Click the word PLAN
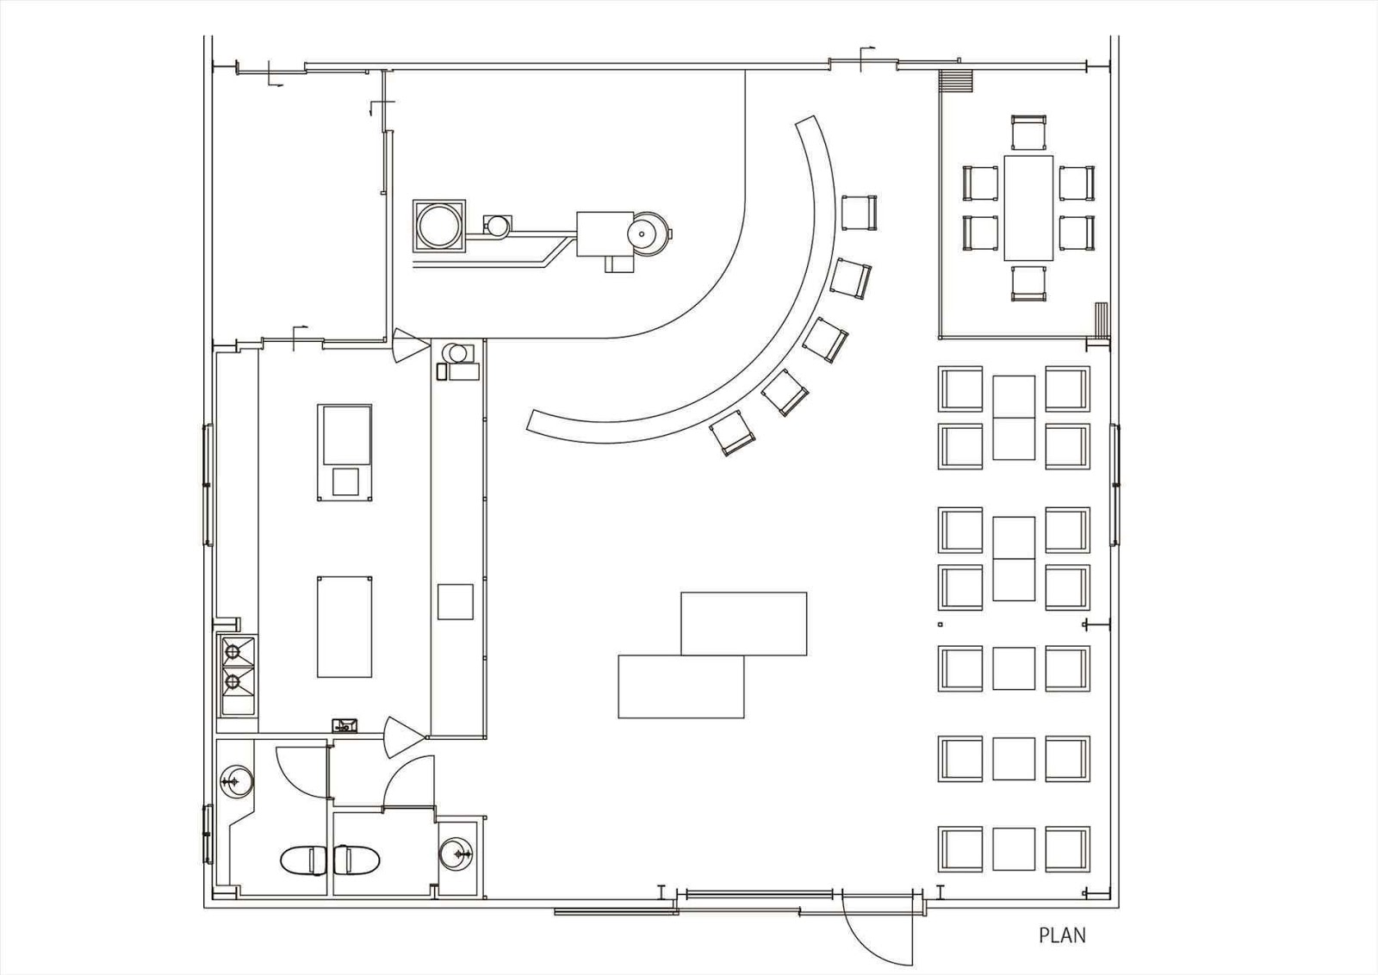click(1062, 935)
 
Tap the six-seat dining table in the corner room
click(1028, 208)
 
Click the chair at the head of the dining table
click(1028, 132)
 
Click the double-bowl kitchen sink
click(237, 676)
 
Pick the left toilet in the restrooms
click(301, 860)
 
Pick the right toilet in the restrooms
click(357, 860)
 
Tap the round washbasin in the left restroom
click(235, 782)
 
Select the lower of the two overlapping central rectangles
click(680, 686)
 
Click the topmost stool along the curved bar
click(858, 211)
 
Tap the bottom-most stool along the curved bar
click(732, 432)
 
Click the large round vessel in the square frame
click(438, 226)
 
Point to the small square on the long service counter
click(455, 601)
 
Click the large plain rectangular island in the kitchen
click(344, 626)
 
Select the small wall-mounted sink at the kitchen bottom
click(345, 725)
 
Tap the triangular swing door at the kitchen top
click(407, 346)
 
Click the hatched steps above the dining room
click(956, 81)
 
